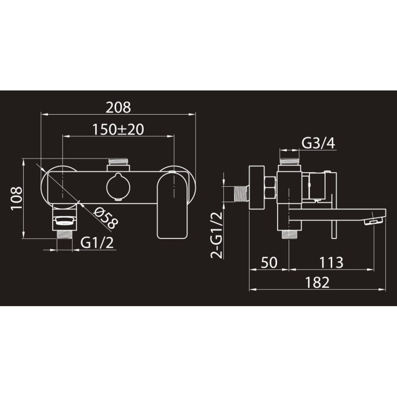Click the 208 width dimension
(x=118, y=107)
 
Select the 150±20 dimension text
(x=118, y=129)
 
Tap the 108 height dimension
(x=16, y=198)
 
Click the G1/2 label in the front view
(x=97, y=243)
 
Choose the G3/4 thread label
(x=318, y=143)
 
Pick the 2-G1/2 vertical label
(x=217, y=235)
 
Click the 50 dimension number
(x=269, y=263)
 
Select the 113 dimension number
(x=331, y=263)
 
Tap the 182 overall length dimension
(x=318, y=282)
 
